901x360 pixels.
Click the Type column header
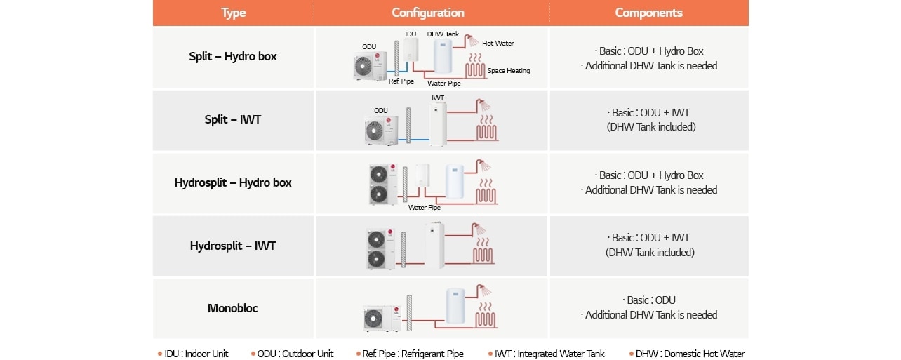(x=233, y=13)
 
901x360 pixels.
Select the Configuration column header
(x=427, y=13)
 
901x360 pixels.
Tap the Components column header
(x=648, y=13)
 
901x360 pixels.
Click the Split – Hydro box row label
(x=233, y=57)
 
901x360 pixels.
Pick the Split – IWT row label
(x=233, y=119)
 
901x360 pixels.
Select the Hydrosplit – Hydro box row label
(x=233, y=182)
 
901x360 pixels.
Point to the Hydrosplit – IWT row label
(x=233, y=246)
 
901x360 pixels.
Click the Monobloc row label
(x=233, y=308)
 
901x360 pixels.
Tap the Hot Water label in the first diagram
(x=498, y=44)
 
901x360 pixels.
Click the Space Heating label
(x=508, y=71)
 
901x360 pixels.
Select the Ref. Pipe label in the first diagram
(x=401, y=81)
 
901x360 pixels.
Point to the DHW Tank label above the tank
(x=442, y=34)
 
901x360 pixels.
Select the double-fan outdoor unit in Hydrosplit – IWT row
(x=380, y=248)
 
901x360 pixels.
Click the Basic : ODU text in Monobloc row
(x=648, y=300)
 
